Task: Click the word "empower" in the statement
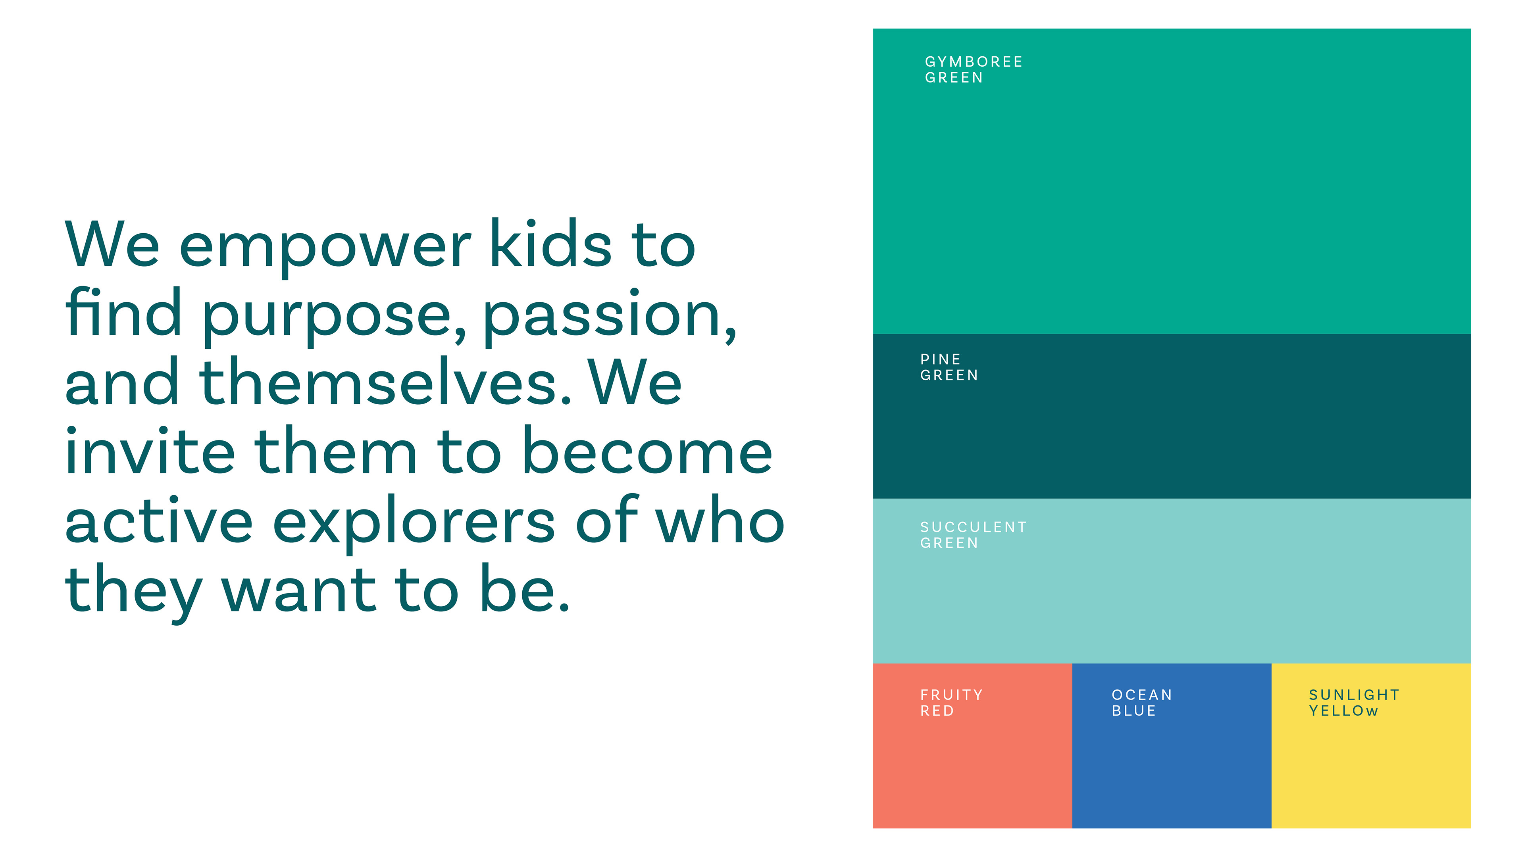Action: (x=325, y=248)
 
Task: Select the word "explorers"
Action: (x=414, y=523)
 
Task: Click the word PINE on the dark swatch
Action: (x=940, y=359)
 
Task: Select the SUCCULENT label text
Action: (x=973, y=527)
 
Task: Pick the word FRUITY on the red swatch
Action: (x=951, y=695)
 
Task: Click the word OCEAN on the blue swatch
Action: (x=1142, y=695)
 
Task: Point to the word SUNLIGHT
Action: (x=1354, y=695)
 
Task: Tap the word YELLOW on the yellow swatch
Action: (x=1343, y=711)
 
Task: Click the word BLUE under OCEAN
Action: (x=1133, y=711)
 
